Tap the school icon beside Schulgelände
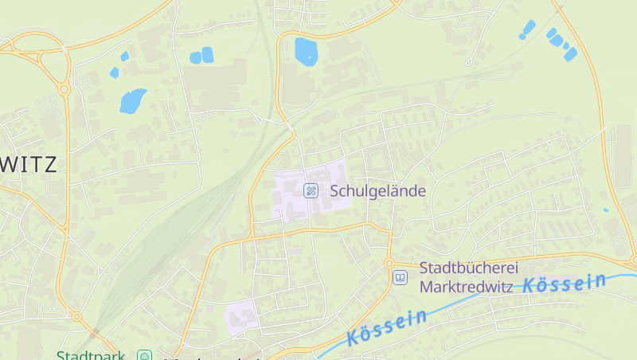[311, 190]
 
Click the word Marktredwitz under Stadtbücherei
[467, 286]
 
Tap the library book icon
[400, 277]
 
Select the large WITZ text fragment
[29, 166]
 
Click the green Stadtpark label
[90, 355]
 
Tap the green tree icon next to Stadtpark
[144, 355]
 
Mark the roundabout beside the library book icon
[389, 263]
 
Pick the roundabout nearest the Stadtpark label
[77, 317]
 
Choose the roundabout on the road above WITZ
[63, 90]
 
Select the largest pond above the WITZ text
[132, 100]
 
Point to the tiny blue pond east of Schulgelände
[605, 210]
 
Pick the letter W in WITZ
[11, 166]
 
